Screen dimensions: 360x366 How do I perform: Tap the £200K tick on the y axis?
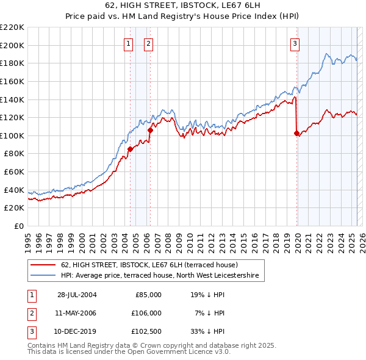click(x=12, y=45)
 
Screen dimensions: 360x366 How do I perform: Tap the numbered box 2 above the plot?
click(x=149, y=43)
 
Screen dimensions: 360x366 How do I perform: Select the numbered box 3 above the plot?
click(x=295, y=43)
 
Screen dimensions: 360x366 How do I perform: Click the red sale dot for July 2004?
click(x=130, y=149)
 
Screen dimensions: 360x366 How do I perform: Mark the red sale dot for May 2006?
click(x=150, y=130)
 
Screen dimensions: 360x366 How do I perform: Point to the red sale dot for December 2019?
click(x=297, y=133)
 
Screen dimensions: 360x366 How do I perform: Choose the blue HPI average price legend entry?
click(x=160, y=276)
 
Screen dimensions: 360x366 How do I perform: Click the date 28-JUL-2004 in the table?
click(x=77, y=294)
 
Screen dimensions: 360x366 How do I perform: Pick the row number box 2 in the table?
click(x=32, y=313)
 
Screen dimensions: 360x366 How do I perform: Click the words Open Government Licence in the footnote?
click(x=177, y=352)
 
